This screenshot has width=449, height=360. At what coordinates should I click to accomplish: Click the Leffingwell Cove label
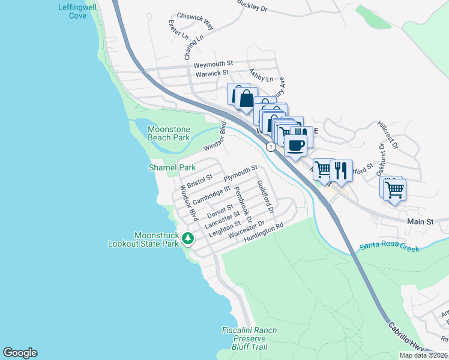72,11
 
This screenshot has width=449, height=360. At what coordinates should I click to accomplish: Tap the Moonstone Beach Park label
169,133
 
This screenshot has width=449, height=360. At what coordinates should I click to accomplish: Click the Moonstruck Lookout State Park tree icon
188,238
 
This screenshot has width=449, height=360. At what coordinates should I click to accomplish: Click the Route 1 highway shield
272,146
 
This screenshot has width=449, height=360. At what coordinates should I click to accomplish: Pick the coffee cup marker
296,145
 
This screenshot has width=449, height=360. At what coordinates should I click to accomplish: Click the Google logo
20,353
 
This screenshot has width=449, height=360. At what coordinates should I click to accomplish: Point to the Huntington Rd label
263,234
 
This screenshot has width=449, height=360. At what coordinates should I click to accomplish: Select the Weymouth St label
213,64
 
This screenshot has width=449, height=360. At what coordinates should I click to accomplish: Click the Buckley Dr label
251,7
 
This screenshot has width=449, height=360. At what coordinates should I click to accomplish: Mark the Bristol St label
200,181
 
